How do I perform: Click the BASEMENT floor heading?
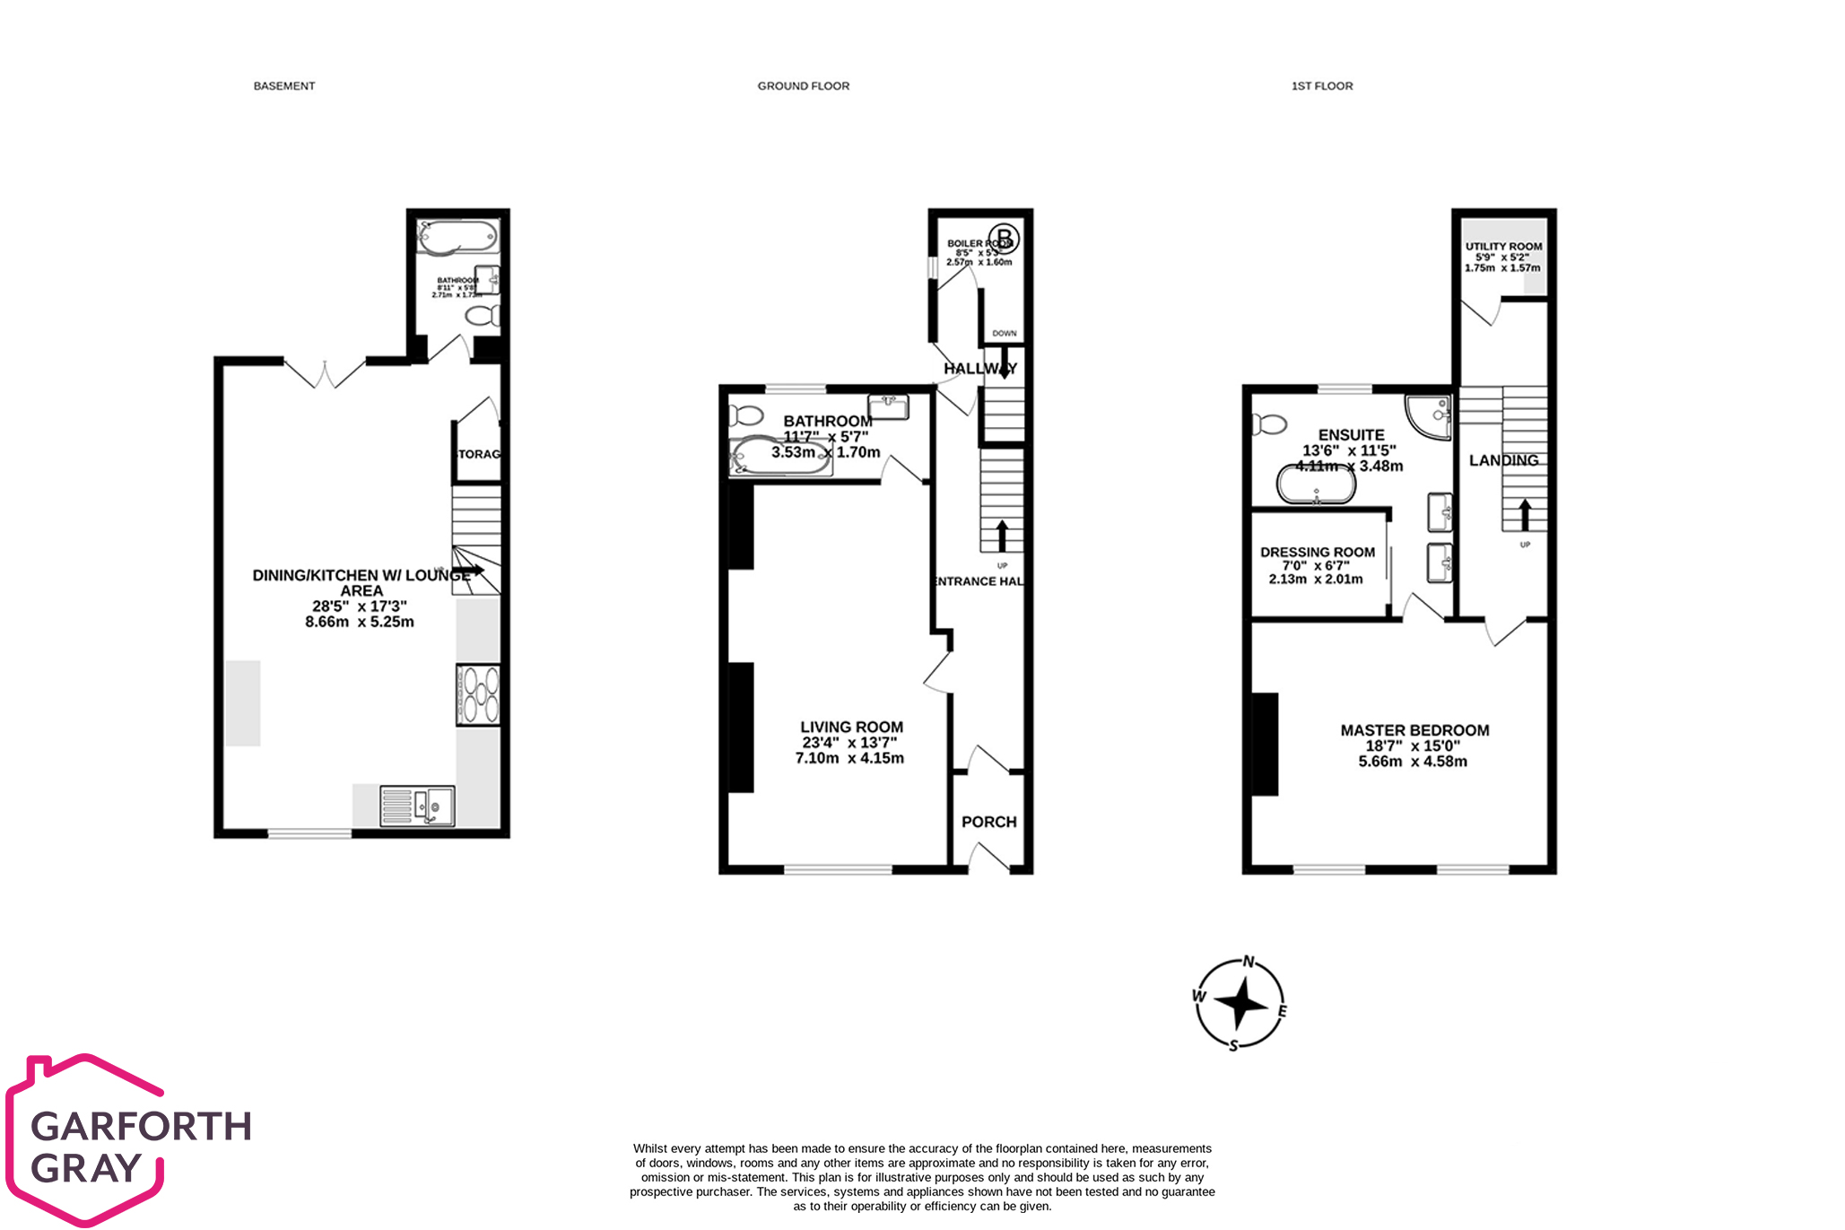284,86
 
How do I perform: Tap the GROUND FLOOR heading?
803,86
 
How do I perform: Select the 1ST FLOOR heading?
1321,86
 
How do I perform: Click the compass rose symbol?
1240,1003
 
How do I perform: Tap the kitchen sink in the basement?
417,805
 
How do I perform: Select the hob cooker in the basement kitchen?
478,695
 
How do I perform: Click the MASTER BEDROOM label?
1414,730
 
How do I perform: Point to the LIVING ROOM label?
851,727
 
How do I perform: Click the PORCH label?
988,822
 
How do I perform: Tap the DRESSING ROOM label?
1317,552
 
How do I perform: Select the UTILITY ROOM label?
1503,246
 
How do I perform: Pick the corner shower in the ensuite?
1430,416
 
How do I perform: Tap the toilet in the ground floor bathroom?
745,415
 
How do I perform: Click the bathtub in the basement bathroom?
457,237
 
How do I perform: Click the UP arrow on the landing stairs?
1524,515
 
